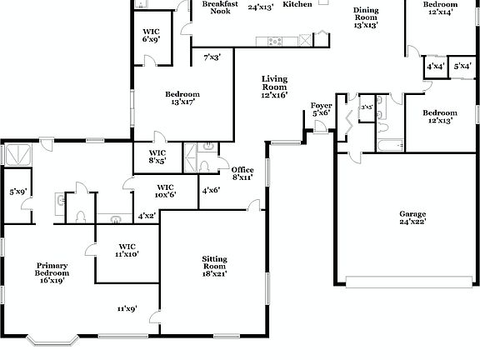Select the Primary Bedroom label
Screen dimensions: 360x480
(x=51, y=272)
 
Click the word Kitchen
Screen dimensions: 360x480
(x=297, y=5)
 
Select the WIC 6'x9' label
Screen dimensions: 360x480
(x=151, y=33)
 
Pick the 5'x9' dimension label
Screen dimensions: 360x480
(x=18, y=192)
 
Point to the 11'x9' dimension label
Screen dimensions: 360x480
(x=126, y=308)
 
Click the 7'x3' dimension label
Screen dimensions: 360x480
(x=212, y=57)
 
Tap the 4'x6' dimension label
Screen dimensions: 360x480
(x=211, y=190)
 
